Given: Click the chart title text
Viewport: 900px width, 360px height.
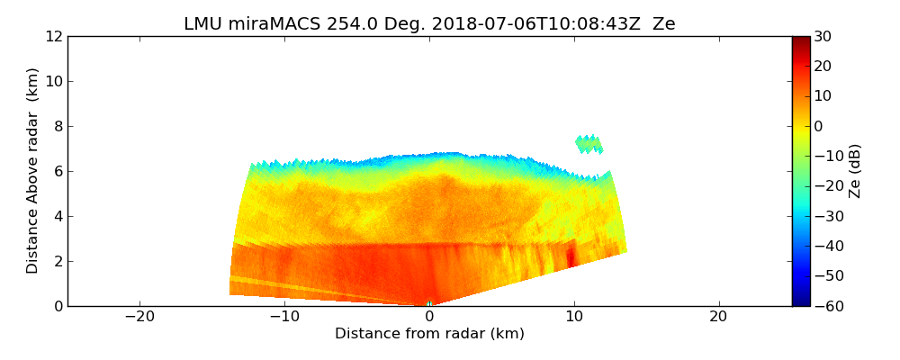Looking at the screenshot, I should point(429,24).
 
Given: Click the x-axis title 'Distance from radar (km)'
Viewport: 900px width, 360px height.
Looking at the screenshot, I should point(429,334).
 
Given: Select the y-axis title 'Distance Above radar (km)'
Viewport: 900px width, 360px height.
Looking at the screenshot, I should point(33,171).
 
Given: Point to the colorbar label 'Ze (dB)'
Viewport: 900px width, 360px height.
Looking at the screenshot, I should point(855,171).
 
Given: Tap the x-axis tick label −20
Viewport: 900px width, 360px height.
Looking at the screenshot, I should point(139,317).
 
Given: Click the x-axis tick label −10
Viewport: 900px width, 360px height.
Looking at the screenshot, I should point(284,317).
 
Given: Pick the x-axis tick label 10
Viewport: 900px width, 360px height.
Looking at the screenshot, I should point(573,317).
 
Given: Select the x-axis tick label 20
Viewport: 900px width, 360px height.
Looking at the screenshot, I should point(718,317).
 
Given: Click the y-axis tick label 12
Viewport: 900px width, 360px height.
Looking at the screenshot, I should point(54,36).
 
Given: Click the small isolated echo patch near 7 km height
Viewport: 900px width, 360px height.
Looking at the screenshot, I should point(589,143).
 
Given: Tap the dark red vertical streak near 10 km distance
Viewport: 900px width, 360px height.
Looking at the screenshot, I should point(571,256).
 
